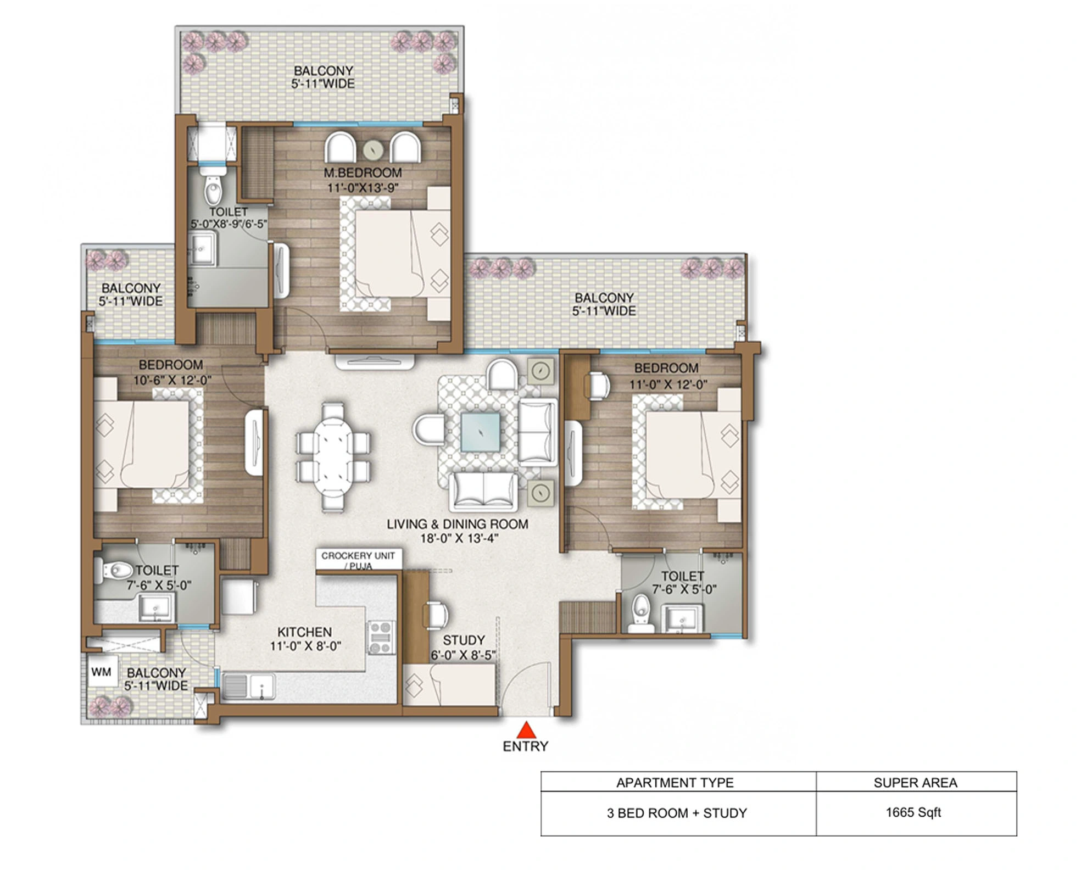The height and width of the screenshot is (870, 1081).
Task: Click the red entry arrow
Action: click(x=526, y=730)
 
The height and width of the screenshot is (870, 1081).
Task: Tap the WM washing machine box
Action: click(x=102, y=672)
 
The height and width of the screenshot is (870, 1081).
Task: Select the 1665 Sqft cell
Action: click(x=913, y=812)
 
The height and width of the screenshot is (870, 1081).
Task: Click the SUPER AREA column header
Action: click(x=915, y=783)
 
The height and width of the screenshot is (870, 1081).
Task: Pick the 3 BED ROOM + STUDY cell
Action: click(x=677, y=813)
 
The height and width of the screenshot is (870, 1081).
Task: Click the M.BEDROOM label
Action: click(x=363, y=172)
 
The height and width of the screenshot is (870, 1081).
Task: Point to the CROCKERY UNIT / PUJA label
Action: click(x=358, y=560)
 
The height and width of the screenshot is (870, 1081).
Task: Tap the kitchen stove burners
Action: click(x=380, y=637)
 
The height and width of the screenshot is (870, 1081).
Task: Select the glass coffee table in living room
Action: click(x=481, y=432)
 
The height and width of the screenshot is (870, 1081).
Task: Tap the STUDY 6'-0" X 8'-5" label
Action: click(x=464, y=647)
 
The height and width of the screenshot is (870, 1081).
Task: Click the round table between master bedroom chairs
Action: click(x=373, y=149)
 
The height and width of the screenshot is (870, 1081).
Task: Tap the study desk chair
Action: click(x=437, y=615)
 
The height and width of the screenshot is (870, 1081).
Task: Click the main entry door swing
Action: click(x=527, y=689)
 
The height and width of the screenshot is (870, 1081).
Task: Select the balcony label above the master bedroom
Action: click(x=323, y=77)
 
